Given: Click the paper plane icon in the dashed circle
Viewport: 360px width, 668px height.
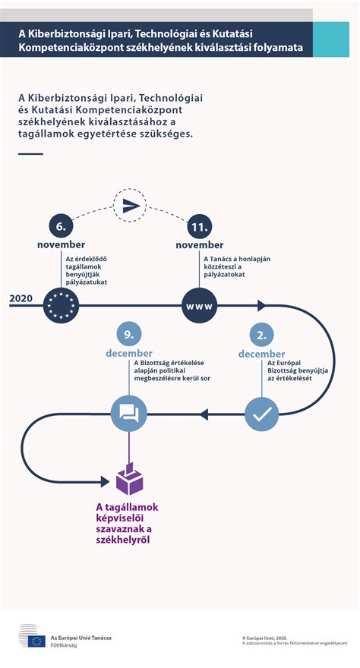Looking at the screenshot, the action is (x=131, y=206).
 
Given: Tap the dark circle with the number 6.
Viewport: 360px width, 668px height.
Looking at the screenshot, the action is (x=61, y=227).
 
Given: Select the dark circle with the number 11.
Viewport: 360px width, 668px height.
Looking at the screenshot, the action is (x=199, y=227).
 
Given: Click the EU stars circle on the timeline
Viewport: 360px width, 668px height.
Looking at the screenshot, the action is (x=61, y=305).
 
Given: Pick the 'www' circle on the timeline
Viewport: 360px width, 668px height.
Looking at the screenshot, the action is (x=199, y=305).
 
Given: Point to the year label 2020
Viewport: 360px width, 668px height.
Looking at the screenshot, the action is (x=21, y=298).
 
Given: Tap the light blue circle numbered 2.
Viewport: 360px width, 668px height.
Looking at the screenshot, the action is (x=261, y=336).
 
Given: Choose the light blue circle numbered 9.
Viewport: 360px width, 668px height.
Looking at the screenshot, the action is (x=128, y=335).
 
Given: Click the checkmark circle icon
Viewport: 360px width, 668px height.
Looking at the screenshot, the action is (x=261, y=414).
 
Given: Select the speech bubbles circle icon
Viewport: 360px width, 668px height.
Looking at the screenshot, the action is (x=128, y=413).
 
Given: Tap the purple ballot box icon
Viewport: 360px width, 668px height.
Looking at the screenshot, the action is (x=129, y=478).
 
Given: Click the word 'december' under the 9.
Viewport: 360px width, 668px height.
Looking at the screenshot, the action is (x=129, y=353).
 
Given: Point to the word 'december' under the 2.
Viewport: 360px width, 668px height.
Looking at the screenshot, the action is (x=261, y=354).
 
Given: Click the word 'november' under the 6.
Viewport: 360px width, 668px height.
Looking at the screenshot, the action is (x=61, y=244).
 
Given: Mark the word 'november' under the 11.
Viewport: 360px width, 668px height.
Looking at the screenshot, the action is (x=200, y=245).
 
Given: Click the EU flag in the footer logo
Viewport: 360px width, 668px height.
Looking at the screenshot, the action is (x=36, y=641).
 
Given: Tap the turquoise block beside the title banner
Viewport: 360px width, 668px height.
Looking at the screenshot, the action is (x=331, y=39).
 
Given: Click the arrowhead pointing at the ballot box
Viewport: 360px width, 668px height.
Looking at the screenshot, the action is (x=106, y=481).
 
